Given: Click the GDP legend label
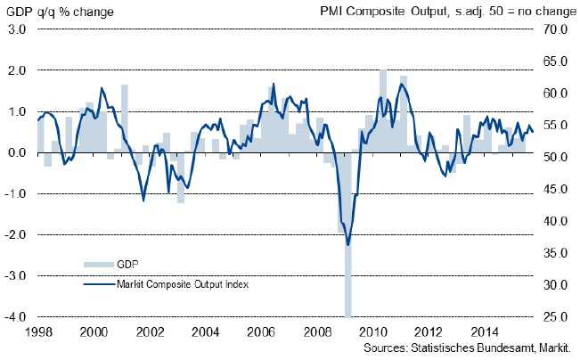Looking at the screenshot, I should pos(128,264).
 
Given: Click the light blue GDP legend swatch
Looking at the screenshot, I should pos(99,265).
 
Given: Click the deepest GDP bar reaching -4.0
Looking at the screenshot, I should pos(347,267).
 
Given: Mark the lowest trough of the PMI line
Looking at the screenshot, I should pos(347,245).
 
